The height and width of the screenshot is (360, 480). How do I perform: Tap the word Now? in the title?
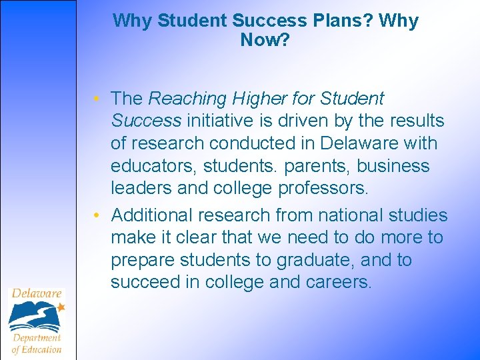265,41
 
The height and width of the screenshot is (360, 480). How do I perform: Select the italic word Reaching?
188,99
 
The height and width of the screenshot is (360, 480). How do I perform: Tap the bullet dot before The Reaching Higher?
97,99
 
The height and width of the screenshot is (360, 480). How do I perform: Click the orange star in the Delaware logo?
61,307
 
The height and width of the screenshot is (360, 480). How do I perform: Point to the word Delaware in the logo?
36,293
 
